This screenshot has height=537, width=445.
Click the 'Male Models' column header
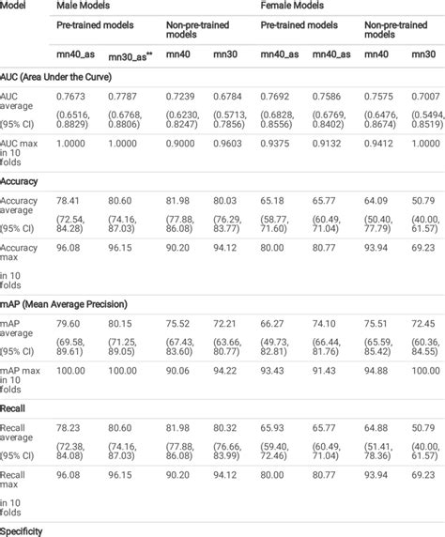pyautogui.click(x=81, y=6)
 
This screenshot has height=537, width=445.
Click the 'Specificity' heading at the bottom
pyautogui.click(x=23, y=530)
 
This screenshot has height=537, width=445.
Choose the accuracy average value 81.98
pyautogui.click(x=178, y=199)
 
